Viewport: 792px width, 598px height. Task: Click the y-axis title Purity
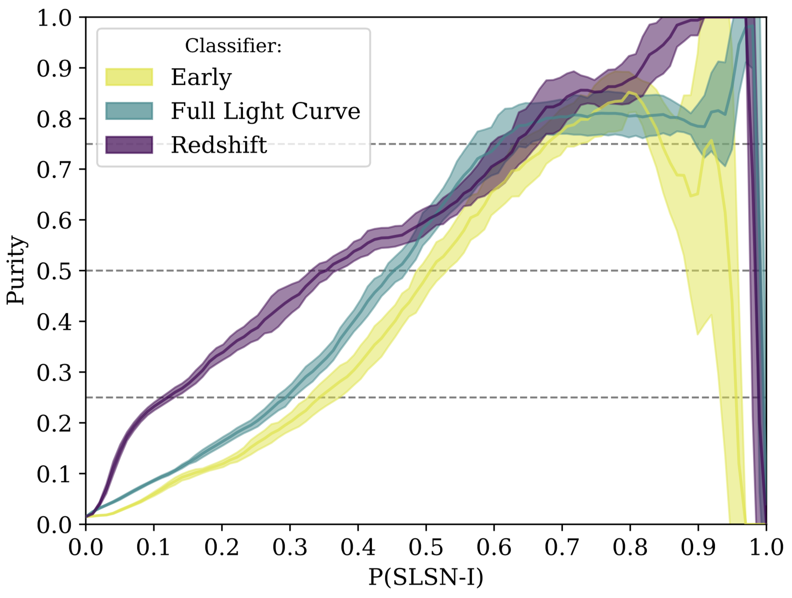click(16, 270)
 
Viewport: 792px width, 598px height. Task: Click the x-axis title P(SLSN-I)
click(426, 577)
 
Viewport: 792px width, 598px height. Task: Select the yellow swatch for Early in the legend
click(129, 77)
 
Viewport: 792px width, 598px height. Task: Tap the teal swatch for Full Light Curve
click(129, 111)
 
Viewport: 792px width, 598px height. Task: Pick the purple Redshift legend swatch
click(129, 145)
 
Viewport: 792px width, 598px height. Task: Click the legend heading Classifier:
click(233, 45)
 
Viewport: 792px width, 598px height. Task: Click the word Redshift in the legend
click(219, 145)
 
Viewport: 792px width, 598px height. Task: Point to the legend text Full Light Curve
click(265, 111)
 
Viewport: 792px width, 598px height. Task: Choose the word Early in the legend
click(201, 78)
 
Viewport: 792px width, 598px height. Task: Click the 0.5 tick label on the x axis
click(426, 547)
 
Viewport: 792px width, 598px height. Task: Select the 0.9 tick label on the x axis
click(698, 547)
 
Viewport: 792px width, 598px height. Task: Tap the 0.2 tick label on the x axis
click(222, 547)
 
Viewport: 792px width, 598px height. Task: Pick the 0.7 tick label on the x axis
click(562, 547)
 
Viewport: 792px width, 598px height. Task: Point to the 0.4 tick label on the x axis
click(358, 547)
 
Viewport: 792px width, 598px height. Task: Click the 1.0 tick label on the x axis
click(766, 547)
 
